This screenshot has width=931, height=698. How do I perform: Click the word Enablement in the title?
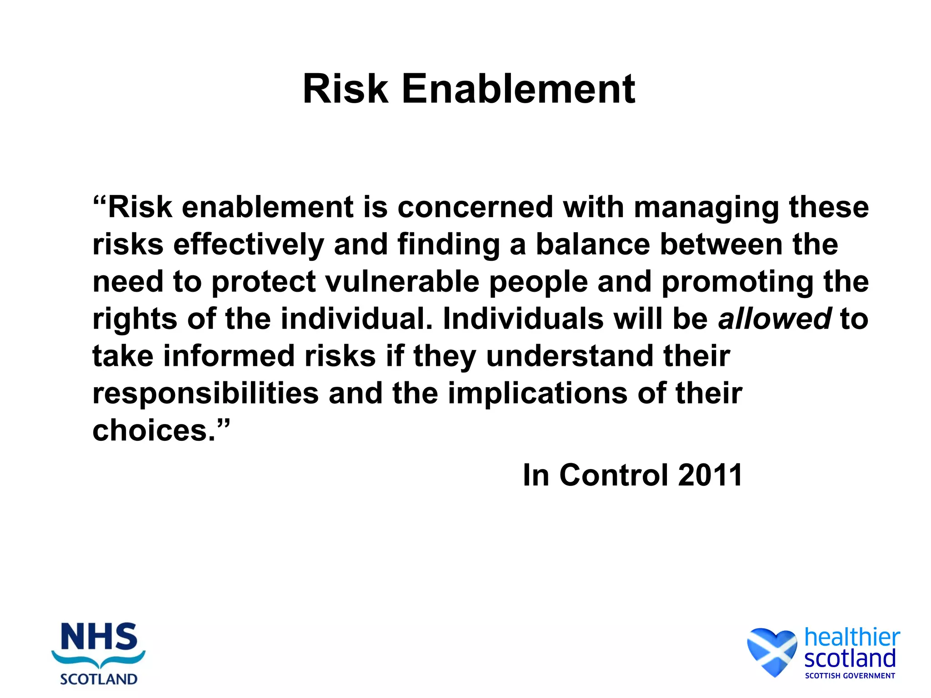point(518,89)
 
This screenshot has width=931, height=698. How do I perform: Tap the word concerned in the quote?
point(475,207)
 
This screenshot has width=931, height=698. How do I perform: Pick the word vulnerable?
point(402,282)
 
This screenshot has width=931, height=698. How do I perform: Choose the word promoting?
point(737,283)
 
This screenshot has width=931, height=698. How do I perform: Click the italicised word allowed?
point(775,319)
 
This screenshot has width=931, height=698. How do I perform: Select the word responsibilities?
point(205,394)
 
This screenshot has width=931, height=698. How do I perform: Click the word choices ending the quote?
point(153,430)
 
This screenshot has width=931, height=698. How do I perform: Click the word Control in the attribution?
point(613,475)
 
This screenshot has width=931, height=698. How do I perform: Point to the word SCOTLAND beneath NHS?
point(99,679)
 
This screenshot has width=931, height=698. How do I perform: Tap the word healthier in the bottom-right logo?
point(852,637)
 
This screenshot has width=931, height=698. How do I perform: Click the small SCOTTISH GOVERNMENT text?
point(850,676)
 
